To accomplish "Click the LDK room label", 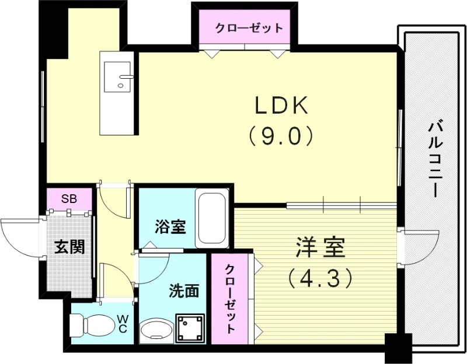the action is click(x=280, y=106).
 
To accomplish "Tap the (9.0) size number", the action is click(x=280, y=136).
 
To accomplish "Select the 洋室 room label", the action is click(x=320, y=247).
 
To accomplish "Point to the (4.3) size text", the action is click(x=320, y=277).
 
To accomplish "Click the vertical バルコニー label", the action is click(x=433, y=158).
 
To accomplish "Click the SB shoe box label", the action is click(x=69, y=198).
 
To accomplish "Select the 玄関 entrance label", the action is click(x=69, y=247).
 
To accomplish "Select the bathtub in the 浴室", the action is click(x=212, y=219).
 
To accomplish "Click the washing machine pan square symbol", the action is click(x=190, y=328).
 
